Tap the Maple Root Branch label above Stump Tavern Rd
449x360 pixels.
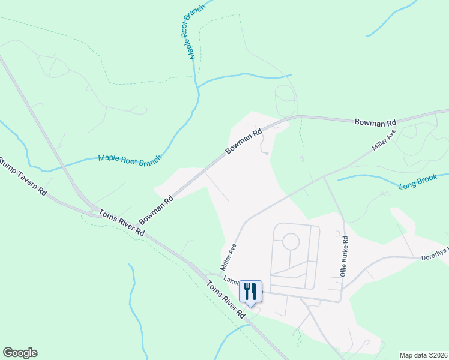point(130,160)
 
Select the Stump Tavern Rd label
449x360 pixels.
point(23,175)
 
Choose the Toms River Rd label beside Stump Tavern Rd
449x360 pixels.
point(122,223)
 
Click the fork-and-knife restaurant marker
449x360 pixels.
point(251,292)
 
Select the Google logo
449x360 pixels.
point(20,353)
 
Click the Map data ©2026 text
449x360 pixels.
point(423,355)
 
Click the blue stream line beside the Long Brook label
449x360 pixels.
point(366,176)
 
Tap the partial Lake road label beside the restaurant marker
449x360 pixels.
point(232,280)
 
